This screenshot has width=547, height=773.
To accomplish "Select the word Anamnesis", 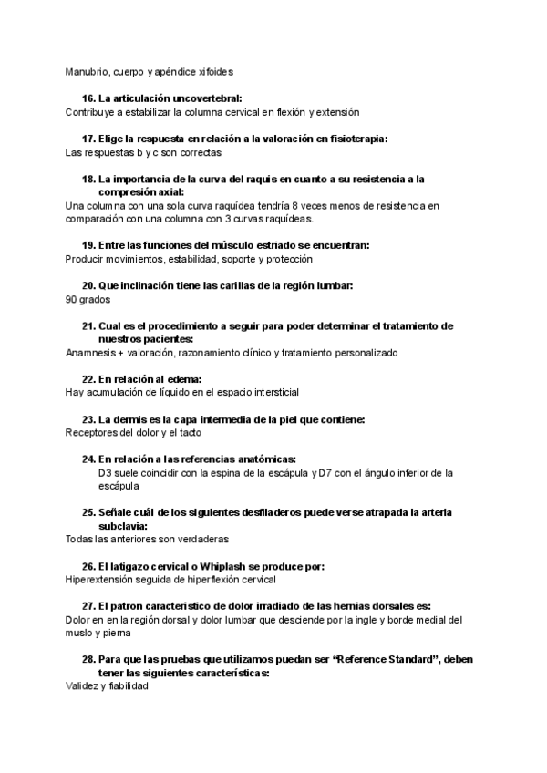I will (90, 353).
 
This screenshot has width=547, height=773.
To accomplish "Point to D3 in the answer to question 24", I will (105, 473).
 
